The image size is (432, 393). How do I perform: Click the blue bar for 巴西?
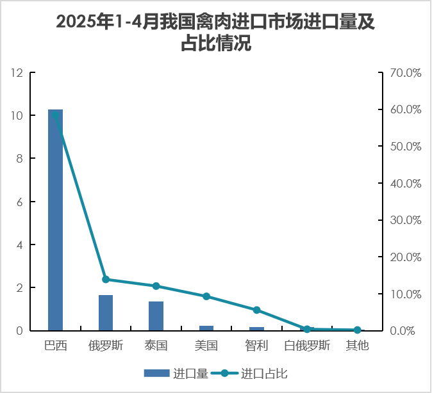[55, 220]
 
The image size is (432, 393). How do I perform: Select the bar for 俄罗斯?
[106, 313]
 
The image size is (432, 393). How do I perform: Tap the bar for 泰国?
[156, 316]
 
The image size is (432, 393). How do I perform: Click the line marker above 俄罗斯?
[106, 280]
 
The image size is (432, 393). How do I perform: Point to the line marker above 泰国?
[156, 286]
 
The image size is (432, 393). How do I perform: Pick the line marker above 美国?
[206, 296]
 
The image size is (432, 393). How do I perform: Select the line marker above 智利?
[256, 310]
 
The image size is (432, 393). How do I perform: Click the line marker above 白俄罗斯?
[307, 329]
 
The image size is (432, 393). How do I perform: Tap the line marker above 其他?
[357, 330]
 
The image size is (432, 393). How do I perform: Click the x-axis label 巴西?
[55, 346]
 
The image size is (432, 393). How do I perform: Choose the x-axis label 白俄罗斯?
[307, 346]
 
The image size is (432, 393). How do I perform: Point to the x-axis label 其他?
[357, 346]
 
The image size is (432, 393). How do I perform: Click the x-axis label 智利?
[256, 346]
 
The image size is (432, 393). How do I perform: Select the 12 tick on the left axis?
[17, 73]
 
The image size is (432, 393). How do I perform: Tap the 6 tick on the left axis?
[20, 202]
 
